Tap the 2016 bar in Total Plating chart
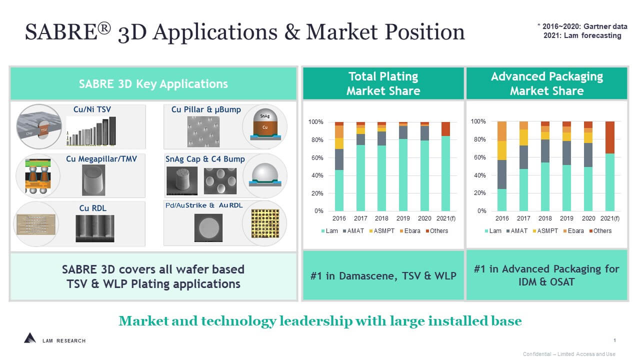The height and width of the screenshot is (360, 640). tap(339, 166)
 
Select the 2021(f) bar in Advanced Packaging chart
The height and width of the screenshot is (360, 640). tap(609, 166)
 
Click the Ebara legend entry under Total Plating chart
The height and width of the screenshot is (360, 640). tap(410, 231)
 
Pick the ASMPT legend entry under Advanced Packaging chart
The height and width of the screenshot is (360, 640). tap(545, 231)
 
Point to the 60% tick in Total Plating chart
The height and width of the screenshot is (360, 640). tap(317, 157)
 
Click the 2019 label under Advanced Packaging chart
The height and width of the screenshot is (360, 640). tap(566, 218)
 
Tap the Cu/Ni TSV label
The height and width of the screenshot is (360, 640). tap(92, 109)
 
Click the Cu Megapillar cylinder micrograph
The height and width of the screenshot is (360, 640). tap(93, 180)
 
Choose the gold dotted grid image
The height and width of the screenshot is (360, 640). tap(265, 223)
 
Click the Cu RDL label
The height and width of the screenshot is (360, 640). tap(93, 208)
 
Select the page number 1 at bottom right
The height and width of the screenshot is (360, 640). tap(614, 340)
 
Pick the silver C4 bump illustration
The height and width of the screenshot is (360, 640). tap(265, 175)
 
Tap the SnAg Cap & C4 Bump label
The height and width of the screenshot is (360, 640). tap(205, 159)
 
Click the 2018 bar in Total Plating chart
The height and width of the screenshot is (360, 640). tap(381, 166)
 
